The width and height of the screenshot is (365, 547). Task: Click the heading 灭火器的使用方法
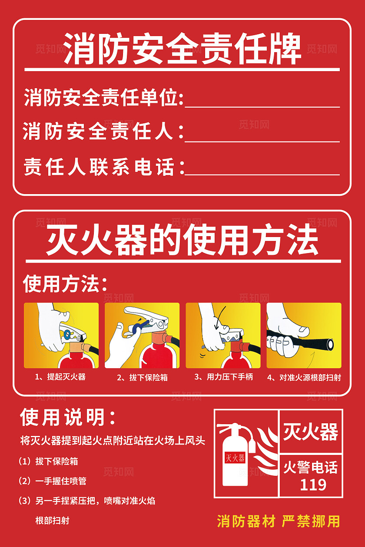[182, 241]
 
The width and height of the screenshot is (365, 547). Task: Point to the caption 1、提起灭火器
[60, 377]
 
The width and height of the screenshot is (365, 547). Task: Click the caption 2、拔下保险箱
[142, 378]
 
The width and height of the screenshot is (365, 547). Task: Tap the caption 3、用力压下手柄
[223, 377]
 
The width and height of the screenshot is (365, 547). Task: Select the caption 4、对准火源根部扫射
[304, 378]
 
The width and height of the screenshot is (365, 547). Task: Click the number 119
[313, 484]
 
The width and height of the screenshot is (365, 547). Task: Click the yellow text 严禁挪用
[311, 521]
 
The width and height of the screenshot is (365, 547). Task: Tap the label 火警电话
[310, 468]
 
